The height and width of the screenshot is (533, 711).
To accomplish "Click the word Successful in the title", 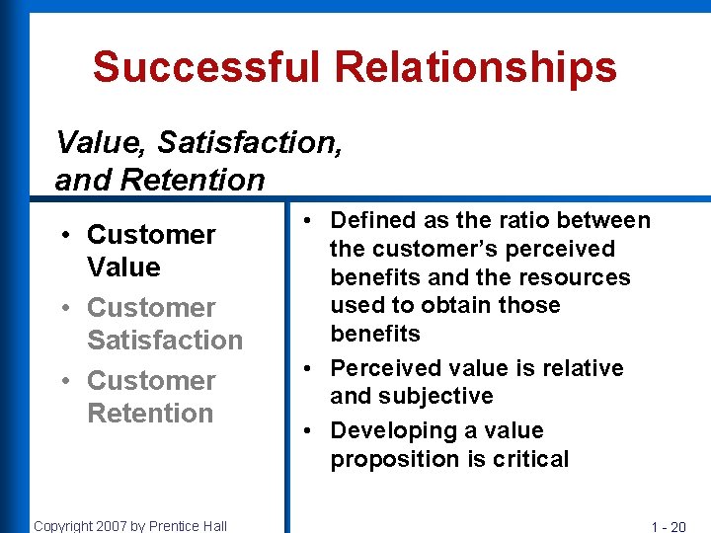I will [x=206, y=67].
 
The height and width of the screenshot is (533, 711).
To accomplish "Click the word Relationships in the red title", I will [x=475, y=67].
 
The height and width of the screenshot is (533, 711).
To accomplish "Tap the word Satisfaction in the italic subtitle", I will [x=249, y=143].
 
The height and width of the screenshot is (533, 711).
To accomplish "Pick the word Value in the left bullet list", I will [x=123, y=267].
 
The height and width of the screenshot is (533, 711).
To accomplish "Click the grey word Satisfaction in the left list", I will [x=164, y=341].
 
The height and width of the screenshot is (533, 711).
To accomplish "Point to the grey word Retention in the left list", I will [x=150, y=413].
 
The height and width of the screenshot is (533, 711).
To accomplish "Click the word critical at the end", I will [x=534, y=459].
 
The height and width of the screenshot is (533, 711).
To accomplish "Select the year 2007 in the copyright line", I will [x=117, y=525].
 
